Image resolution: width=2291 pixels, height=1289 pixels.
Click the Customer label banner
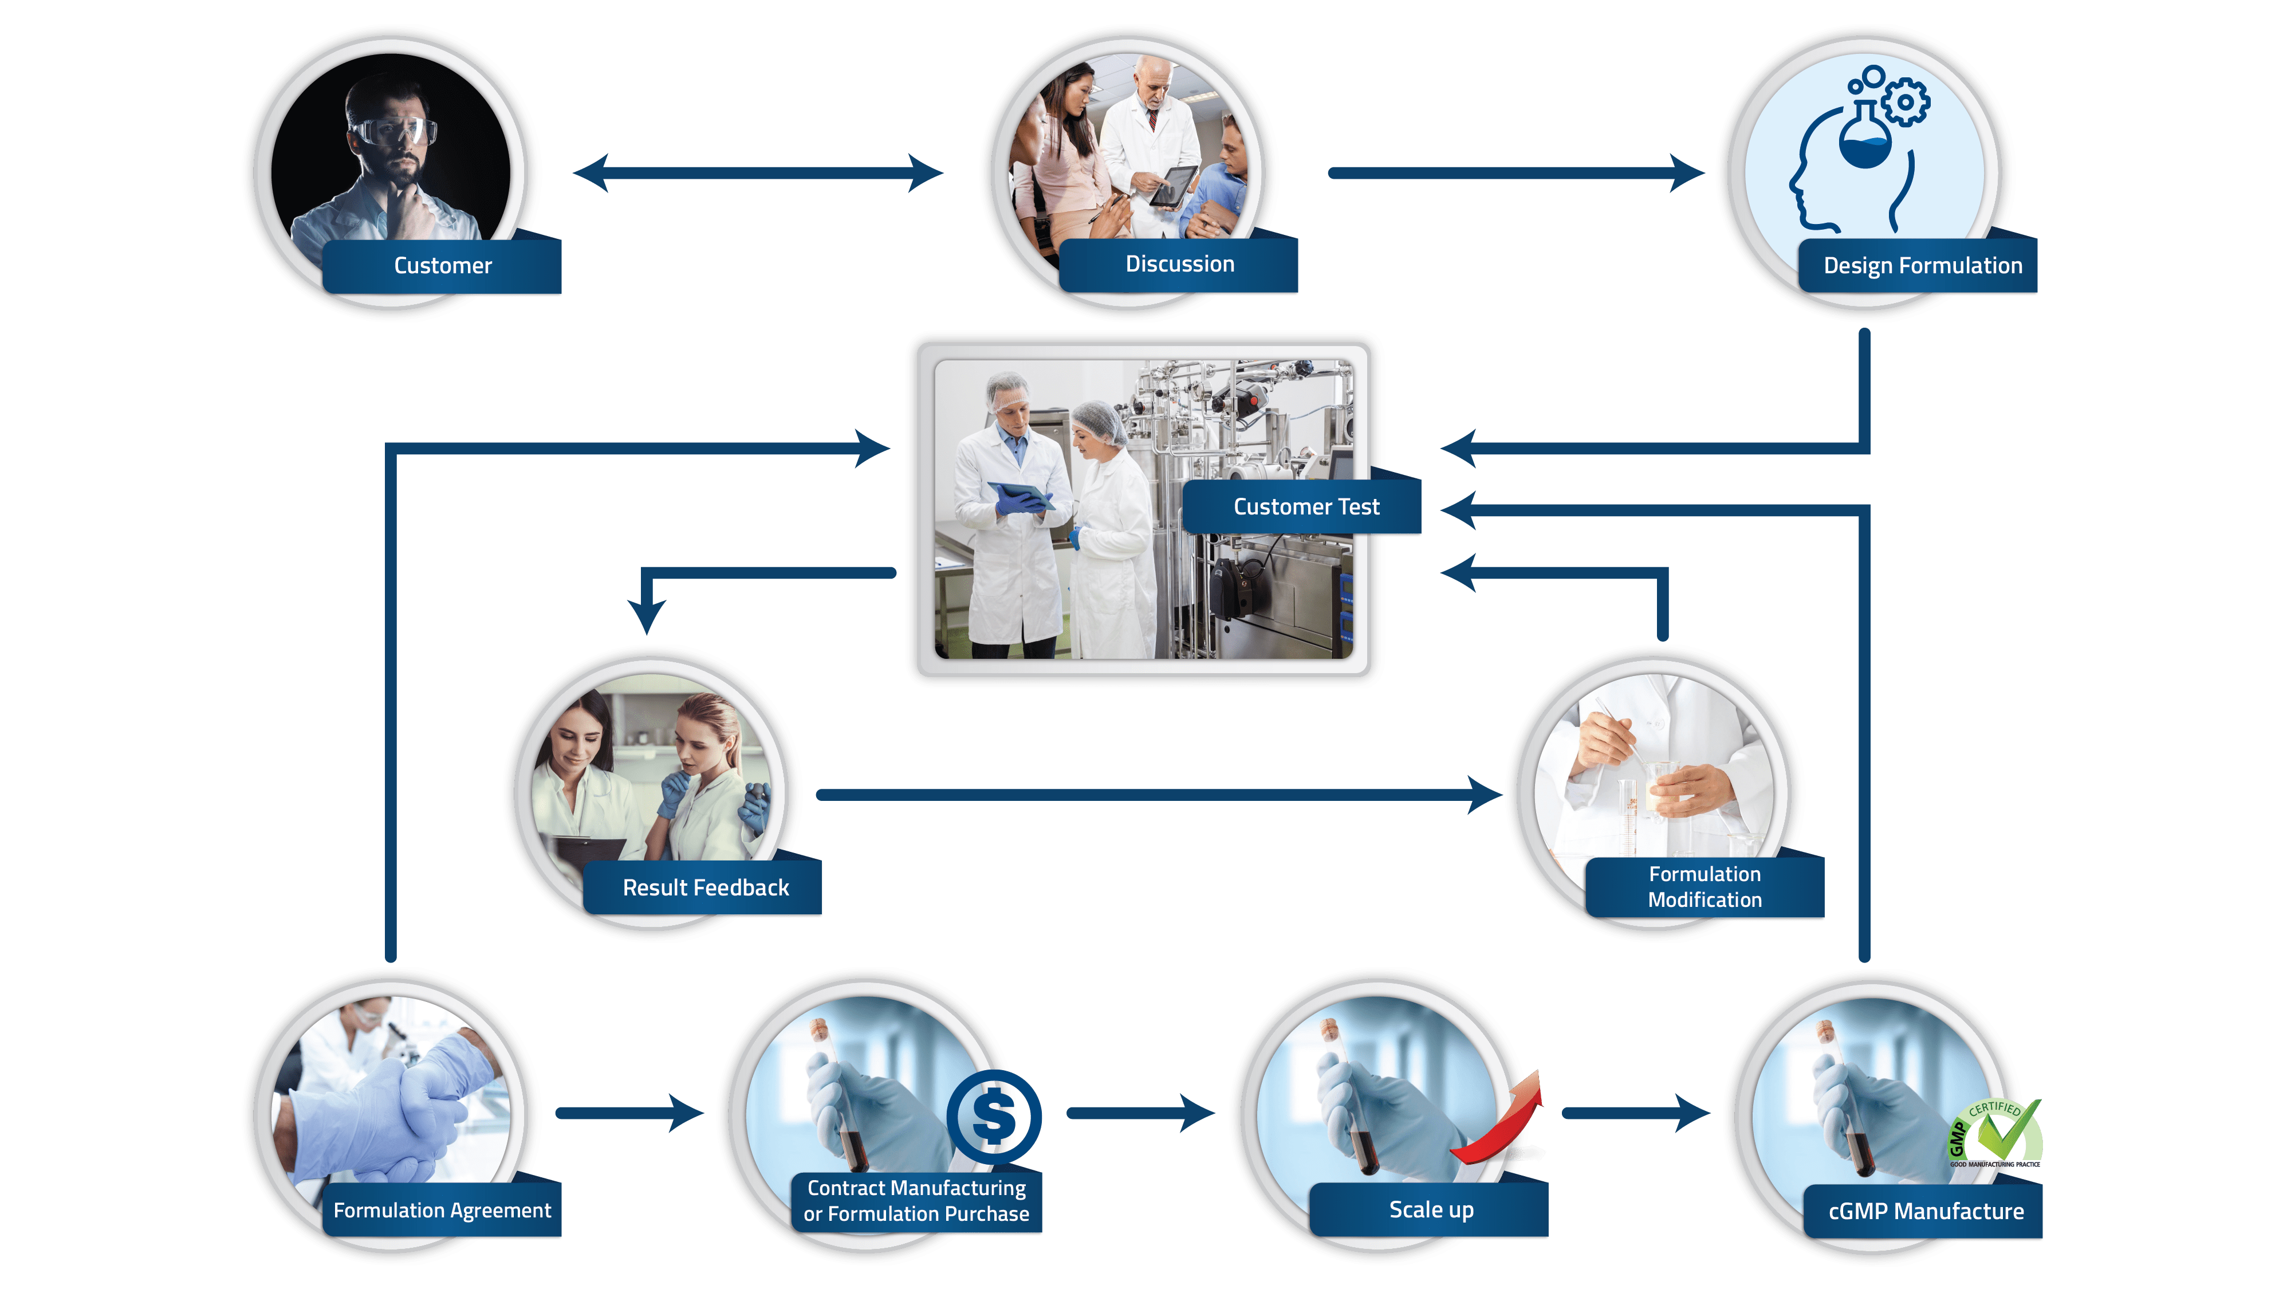point(442,266)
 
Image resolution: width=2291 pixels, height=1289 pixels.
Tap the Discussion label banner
point(1179,264)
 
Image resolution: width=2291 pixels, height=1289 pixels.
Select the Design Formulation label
point(1922,266)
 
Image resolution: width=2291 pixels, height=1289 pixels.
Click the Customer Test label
point(1306,507)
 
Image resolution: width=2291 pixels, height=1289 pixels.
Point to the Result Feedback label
point(705,888)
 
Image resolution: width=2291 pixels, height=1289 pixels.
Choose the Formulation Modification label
point(1704,887)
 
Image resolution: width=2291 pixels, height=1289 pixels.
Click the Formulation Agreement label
point(442,1211)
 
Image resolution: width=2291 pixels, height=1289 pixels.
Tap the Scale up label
point(1431,1210)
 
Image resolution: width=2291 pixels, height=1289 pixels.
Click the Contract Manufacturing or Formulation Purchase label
point(916,1201)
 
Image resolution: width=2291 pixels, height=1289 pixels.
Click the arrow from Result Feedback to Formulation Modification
point(1156,795)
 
